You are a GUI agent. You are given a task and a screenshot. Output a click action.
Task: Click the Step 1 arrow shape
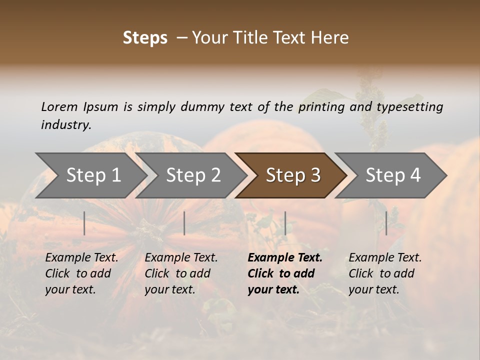93,175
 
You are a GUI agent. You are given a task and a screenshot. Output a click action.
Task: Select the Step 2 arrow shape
193,175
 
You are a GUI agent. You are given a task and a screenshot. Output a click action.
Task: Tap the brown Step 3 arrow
293,175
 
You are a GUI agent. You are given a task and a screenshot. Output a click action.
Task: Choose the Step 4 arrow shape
393,175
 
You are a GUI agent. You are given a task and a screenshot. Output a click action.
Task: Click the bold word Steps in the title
145,38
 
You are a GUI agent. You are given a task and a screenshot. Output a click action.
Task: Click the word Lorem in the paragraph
59,107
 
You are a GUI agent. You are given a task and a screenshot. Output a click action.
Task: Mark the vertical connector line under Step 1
84,223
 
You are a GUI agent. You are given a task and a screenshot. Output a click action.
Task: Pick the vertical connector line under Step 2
184,223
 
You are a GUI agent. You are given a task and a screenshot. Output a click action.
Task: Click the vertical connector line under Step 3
285,223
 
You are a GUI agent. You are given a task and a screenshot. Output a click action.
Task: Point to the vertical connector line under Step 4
386,223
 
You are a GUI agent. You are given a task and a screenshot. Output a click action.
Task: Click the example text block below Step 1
81,273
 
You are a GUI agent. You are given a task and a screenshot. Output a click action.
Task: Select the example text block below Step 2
181,273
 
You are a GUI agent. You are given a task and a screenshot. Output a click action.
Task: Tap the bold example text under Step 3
285,273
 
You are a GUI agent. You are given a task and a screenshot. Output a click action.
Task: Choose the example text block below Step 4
385,273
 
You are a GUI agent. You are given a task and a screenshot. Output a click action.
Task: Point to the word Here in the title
331,38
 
